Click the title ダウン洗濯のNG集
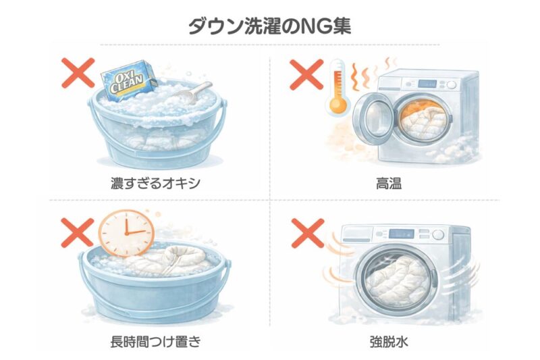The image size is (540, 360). [x=269, y=26]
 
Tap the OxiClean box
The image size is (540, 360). [x=128, y=80]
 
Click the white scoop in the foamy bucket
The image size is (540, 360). [x=194, y=92]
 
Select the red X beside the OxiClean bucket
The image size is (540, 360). [x=78, y=73]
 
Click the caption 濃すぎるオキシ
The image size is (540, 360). [x=155, y=183]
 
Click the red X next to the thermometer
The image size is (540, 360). [x=306, y=75]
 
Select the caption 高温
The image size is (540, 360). [x=389, y=184]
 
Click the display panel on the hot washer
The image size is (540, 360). [x=427, y=84]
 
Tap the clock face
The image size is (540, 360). [x=126, y=233]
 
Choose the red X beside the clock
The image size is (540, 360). [x=77, y=233]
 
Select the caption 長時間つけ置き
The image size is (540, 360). [x=155, y=342]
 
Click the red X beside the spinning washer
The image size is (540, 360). [x=308, y=233]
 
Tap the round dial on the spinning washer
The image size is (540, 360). [x=438, y=234]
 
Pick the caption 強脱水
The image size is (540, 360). [x=389, y=342]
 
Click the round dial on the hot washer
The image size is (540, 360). [x=452, y=84]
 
